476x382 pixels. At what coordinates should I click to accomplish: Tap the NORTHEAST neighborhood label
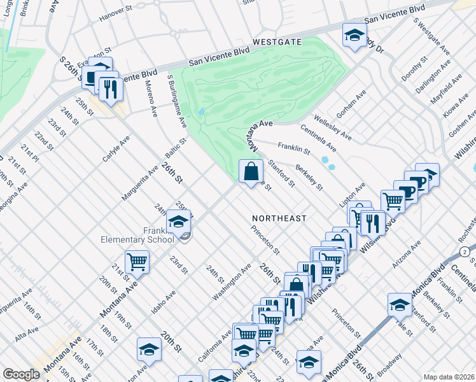coord(279,218)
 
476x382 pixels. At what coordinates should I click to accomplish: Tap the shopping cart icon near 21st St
coord(137,261)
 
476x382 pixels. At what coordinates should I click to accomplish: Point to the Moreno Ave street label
coord(151,99)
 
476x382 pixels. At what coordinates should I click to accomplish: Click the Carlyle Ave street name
coord(116,148)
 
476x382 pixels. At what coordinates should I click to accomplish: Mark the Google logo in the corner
coord(21,374)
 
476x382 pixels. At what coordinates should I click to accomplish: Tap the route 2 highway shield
coord(466,253)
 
